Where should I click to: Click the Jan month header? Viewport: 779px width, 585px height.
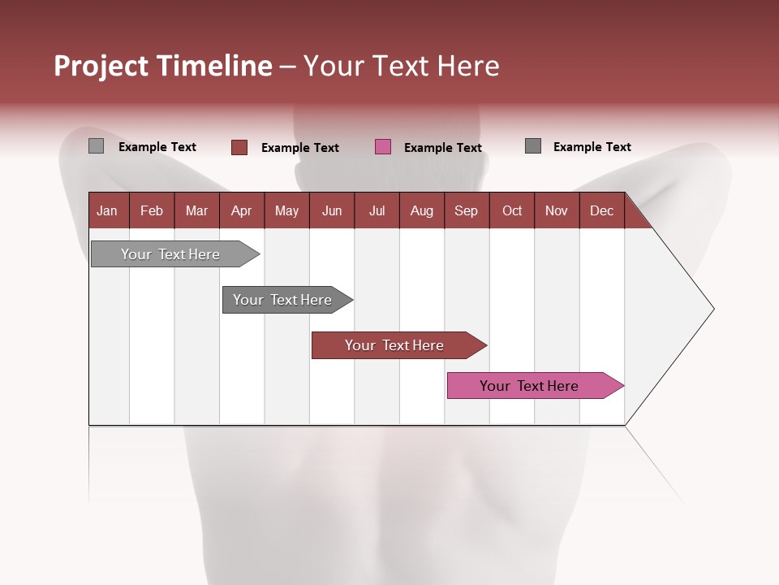click(108, 210)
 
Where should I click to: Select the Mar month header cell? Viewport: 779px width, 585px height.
click(196, 210)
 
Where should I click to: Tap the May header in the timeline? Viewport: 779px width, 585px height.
click(286, 210)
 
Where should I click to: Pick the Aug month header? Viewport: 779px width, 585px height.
click(421, 210)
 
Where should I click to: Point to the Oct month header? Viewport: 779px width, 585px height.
click(512, 210)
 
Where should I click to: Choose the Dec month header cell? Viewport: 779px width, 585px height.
click(601, 210)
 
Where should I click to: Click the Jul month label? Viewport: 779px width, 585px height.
click(377, 210)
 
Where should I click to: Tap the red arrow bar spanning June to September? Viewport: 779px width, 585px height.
click(395, 345)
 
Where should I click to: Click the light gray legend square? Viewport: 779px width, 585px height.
click(96, 146)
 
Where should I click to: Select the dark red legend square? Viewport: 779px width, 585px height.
click(239, 147)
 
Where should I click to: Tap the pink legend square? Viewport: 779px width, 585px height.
click(383, 147)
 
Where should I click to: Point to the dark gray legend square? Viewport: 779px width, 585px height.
click(533, 146)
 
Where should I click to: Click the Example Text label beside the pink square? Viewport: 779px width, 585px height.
click(443, 147)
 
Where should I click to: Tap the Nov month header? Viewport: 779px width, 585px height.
click(557, 210)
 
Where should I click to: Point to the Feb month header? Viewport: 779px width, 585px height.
click(152, 210)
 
